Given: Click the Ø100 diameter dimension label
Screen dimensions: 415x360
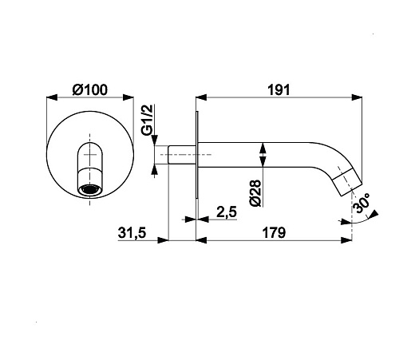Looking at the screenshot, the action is pos(90,90).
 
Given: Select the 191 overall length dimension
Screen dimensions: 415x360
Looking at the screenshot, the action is pos(279,90).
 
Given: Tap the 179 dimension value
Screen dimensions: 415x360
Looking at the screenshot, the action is pos(274,232).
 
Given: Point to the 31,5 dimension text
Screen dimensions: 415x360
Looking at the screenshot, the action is pos(132,233).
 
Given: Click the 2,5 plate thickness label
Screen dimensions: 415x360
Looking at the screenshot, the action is pos(227,212).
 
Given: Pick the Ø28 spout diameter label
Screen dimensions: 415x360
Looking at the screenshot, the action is pos(255,193).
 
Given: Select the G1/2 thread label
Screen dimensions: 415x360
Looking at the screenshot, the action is pos(147,120).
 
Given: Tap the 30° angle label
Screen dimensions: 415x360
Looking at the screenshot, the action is pos(362,203).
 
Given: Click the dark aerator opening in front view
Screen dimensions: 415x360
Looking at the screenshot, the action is pos(90,190).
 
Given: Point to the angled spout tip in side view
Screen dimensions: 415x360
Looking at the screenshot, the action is pos(348,183).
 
